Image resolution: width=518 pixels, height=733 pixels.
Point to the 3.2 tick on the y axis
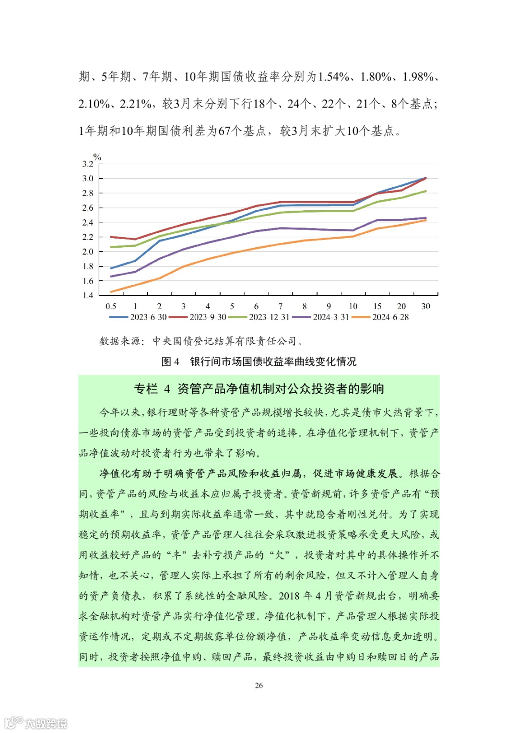coord(88,164)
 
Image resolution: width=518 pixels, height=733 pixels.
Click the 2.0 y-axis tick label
coord(88,252)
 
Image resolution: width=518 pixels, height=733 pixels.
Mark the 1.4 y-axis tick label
coord(88,295)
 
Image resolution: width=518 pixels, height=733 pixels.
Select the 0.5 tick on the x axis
coord(111,306)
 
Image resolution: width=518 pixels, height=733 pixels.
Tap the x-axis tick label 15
coord(377,306)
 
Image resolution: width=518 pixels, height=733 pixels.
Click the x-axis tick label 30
coord(425,306)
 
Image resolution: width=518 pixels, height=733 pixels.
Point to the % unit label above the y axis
coord(97,157)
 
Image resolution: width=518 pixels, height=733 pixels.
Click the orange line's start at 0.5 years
coord(111,292)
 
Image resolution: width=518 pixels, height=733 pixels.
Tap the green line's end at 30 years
coord(426,191)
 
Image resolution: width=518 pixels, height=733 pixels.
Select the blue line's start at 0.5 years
coord(111,268)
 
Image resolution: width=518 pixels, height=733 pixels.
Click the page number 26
coord(259,685)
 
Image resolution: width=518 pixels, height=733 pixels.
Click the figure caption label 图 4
coord(170,361)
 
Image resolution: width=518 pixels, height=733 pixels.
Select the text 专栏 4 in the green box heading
coord(152,389)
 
